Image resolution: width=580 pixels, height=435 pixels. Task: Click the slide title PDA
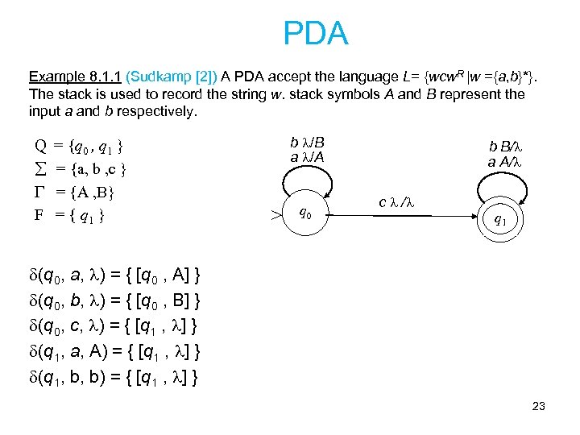[316, 34]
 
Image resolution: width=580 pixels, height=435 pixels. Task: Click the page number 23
[538, 406]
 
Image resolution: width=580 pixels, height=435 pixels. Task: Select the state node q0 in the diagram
[306, 213]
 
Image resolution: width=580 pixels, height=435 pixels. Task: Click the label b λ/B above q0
[307, 143]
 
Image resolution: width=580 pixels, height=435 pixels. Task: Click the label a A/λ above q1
[506, 161]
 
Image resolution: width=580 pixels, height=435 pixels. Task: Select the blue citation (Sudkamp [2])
[170, 77]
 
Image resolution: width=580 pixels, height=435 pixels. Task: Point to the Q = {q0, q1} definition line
[79, 147]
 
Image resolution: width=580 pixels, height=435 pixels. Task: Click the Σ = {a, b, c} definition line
[79, 170]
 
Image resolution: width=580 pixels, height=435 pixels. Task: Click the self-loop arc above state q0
[307, 179]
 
